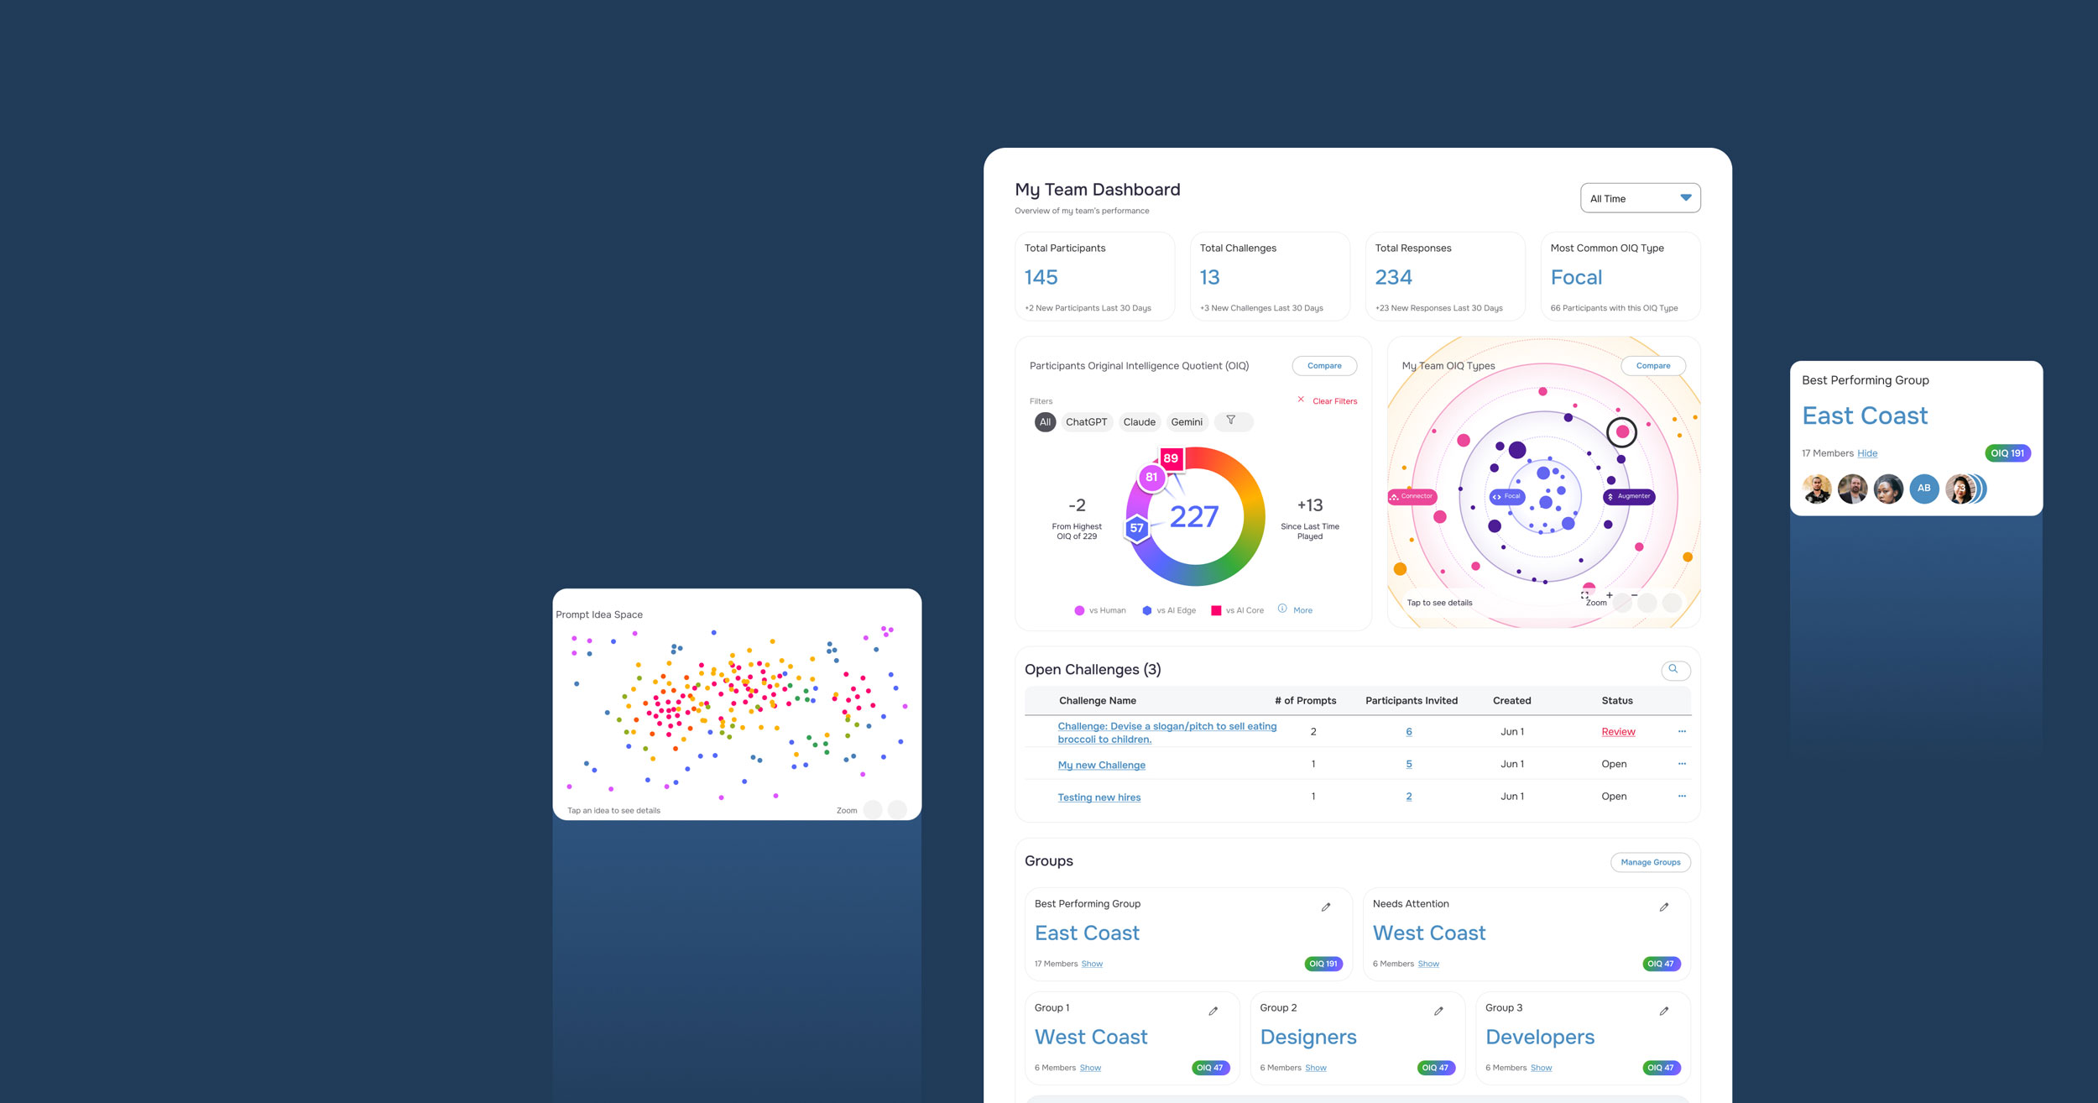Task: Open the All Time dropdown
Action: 1640,198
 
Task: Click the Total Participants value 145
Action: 1041,277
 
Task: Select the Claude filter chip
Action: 1139,422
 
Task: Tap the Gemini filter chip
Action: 1187,422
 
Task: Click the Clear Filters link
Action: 1333,401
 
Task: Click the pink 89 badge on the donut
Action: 1171,458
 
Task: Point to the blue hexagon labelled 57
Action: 1136,528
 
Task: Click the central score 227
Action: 1194,516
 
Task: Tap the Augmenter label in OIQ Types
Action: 1629,496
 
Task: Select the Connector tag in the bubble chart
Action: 1412,496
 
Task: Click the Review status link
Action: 1618,732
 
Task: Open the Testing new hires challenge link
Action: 1099,797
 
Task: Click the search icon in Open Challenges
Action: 1673,669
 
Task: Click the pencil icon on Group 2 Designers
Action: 1438,1012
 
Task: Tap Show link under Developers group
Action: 1541,1068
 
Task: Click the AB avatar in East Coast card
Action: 1923,489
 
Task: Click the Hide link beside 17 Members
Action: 1867,453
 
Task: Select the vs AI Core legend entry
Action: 1238,610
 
